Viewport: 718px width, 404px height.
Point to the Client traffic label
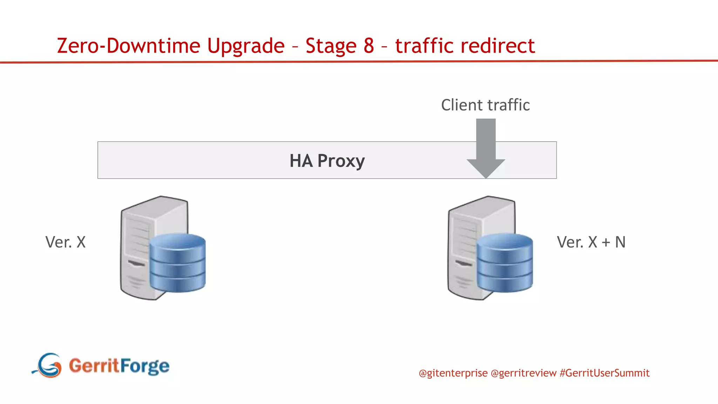pyautogui.click(x=485, y=105)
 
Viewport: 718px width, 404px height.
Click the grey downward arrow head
pyautogui.click(x=486, y=168)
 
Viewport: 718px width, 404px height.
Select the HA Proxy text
pyautogui.click(x=327, y=161)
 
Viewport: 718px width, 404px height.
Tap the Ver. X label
pyautogui.click(x=66, y=242)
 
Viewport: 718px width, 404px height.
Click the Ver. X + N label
pyautogui.click(x=591, y=242)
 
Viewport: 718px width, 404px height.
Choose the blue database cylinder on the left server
pyautogui.click(x=177, y=263)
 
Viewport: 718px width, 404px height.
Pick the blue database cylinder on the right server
pyautogui.click(x=504, y=263)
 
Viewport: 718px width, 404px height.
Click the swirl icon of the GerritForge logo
pyautogui.click(x=48, y=365)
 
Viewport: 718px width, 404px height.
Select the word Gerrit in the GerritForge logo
pyautogui.click(x=94, y=365)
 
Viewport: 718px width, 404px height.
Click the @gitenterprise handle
pyautogui.click(x=453, y=373)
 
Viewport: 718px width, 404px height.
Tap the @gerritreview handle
pyautogui.click(x=523, y=373)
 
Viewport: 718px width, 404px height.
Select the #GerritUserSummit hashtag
pyautogui.click(x=604, y=373)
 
